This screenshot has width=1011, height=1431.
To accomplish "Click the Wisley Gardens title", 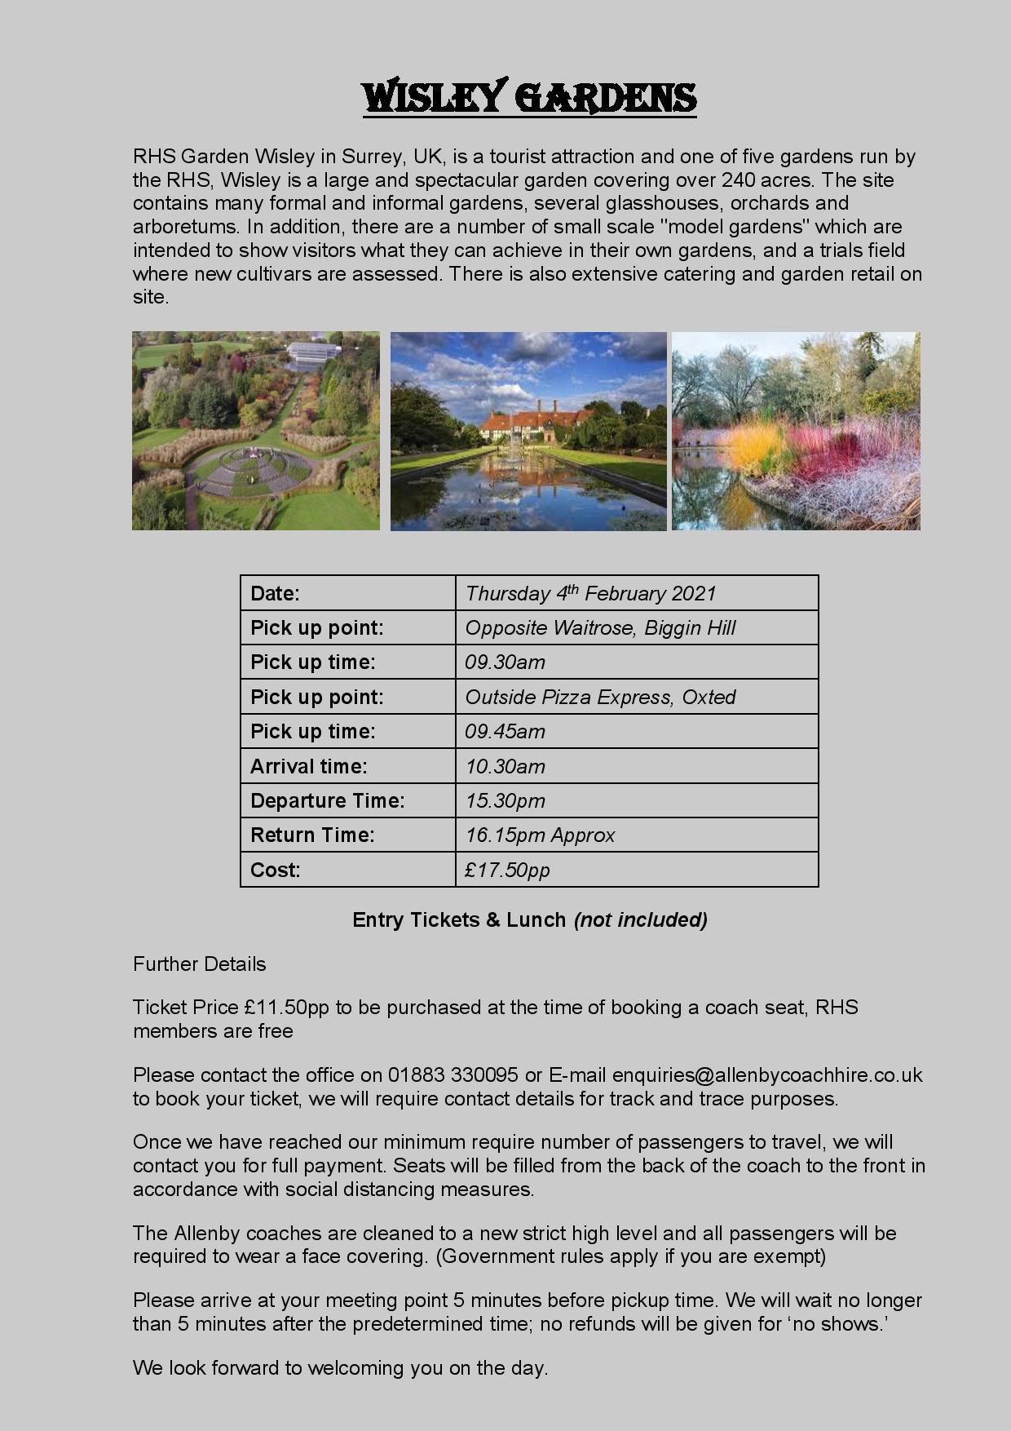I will coord(529,98).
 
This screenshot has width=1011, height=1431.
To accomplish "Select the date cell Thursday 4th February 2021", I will coord(590,593).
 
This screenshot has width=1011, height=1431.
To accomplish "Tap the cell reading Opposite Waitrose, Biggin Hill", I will coord(600,628).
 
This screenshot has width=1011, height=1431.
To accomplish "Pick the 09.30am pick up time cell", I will coord(505,662).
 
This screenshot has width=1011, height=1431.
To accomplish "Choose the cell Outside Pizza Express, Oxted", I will coord(600,698).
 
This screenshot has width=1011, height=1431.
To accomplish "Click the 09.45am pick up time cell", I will coord(505,732).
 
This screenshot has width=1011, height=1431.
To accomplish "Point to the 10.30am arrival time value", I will coord(505,767).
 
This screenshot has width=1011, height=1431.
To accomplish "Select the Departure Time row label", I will coord(327,801).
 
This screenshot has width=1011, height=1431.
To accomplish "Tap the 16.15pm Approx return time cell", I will coord(540,835).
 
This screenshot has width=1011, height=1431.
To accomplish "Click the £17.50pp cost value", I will coord(507,871).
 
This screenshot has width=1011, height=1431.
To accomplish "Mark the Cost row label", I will coord(275,871).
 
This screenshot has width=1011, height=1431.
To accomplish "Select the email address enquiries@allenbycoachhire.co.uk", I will coord(766,1075).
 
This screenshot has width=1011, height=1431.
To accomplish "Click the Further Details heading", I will coord(199,964).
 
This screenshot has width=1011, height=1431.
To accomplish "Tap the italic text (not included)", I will coord(640,920).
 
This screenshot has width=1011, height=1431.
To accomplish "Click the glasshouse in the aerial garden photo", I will coord(312,354).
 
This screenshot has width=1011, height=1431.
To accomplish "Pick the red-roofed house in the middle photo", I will coord(529,424).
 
